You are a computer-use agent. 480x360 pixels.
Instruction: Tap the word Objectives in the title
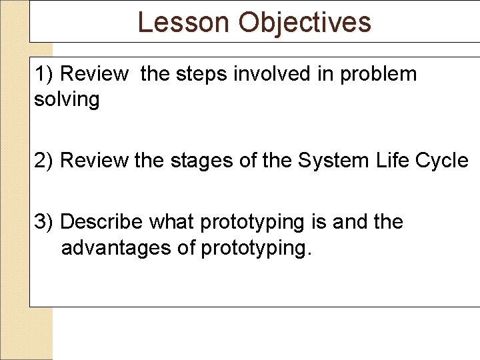pyautogui.click(x=305, y=22)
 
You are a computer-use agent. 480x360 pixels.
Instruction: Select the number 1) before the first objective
pyautogui.click(x=45, y=74)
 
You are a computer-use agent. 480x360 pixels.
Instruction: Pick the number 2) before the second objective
pyautogui.click(x=45, y=161)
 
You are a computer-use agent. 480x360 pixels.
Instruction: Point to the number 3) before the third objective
pyautogui.click(x=45, y=221)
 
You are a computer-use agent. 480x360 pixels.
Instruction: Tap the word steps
pyautogui.click(x=202, y=74)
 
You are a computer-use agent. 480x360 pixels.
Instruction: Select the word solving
pyautogui.click(x=67, y=100)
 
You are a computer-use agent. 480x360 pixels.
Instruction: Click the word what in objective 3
pyautogui.click(x=172, y=221)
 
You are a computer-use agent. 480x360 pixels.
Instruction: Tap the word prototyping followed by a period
pyautogui.click(x=256, y=248)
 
